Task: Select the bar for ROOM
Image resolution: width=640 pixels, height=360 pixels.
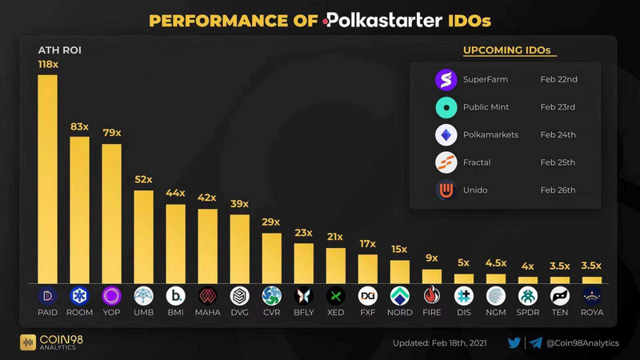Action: [x=79, y=209]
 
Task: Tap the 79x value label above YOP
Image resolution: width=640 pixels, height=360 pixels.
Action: [x=111, y=132]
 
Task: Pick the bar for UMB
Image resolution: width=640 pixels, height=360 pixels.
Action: [x=143, y=236]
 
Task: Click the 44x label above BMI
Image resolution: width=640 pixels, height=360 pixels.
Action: [x=175, y=193]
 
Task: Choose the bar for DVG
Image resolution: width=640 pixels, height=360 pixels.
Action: [x=239, y=248]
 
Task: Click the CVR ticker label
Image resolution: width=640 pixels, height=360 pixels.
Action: [x=271, y=312]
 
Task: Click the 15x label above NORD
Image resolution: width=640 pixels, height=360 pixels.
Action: [x=399, y=249]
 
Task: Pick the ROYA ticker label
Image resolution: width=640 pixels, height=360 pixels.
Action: [x=592, y=312]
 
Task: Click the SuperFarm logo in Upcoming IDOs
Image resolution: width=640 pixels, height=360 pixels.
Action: [x=445, y=80]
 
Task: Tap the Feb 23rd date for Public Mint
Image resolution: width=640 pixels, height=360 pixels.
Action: [x=558, y=106]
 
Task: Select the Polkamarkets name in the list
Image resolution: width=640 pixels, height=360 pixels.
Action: [x=490, y=134]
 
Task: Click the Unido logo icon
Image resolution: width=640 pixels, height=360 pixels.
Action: [x=445, y=190]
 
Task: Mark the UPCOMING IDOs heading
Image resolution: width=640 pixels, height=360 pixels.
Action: [x=507, y=50]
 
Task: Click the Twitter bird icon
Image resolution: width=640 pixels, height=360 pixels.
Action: [x=514, y=343]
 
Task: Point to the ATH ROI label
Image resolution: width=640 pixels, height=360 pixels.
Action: [x=55, y=50]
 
